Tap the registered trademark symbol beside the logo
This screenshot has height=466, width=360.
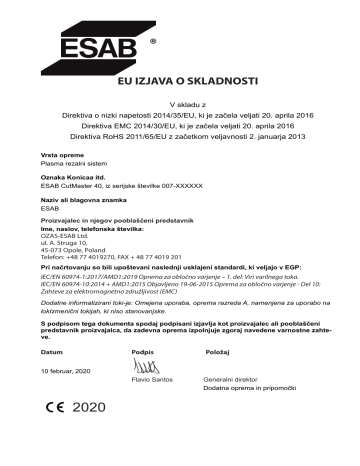153,45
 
